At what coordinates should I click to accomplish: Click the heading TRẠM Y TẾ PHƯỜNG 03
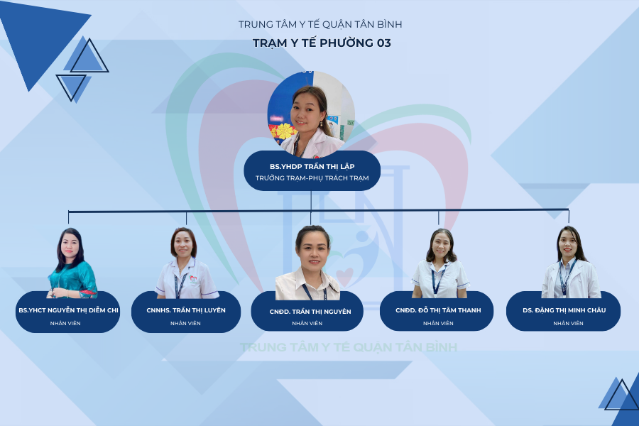pos(322,43)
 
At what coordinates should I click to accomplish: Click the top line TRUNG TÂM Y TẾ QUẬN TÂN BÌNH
pos(320,24)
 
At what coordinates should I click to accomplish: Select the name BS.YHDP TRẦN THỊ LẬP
pos(312,166)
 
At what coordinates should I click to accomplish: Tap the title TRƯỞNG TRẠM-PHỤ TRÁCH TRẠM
pos(312,178)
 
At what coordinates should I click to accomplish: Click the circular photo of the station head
pos(311,114)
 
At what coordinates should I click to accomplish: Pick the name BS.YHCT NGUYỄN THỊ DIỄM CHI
pos(68,310)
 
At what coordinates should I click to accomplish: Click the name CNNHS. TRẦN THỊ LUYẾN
pos(186,310)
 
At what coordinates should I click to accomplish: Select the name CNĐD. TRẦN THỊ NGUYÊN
pos(310,312)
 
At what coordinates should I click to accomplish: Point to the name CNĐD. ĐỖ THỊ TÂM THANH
pos(438,310)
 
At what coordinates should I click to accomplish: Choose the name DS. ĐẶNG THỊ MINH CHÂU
pos(564,310)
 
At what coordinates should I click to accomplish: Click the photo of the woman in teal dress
pos(72,263)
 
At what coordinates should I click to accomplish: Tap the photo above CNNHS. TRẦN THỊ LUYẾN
pos(186,263)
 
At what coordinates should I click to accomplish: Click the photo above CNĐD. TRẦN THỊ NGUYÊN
pos(308,263)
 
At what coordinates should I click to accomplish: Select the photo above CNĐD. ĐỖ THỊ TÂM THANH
pos(439,263)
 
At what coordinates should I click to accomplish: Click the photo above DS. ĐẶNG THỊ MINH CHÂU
pos(570,262)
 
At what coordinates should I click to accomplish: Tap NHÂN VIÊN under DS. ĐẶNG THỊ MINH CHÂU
pos(568,323)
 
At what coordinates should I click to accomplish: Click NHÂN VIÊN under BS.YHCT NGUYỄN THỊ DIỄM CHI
pos(65,323)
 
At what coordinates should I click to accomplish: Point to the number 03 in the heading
pos(384,43)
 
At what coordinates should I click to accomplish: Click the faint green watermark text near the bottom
pos(349,347)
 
